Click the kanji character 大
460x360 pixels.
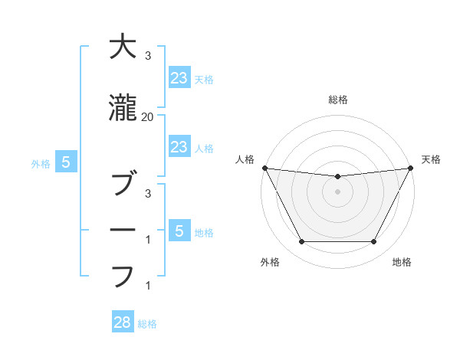pyautogui.click(x=123, y=47)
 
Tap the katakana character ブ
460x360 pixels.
pyautogui.click(x=123, y=185)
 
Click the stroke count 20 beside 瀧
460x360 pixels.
pyautogui.click(x=147, y=116)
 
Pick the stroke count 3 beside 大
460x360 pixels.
pyautogui.click(x=147, y=56)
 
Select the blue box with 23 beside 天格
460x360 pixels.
pyautogui.click(x=179, y=77)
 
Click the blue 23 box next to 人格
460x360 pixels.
pyautogui.click(x=179, y=147)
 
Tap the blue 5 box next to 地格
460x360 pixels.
pyautogui.click(x=179, y=231)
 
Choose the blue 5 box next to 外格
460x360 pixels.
pyautogui.click(x=66, y=162)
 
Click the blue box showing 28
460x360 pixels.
pyautogui.click(x=123, y=322)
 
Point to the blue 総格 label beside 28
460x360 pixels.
pyautogui.click(x=147, y=324)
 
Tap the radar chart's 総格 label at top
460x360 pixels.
pyautogui.click(x=338, y=100)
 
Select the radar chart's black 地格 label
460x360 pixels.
pyautogui.click(x=402, y=262)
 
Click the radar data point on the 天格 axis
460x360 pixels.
pyautogui.click(x=411, y=168)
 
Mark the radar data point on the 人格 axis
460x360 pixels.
pyautogui.click(x=264, y=168)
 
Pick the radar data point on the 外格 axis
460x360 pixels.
pyautogui.click(x=301, y=242)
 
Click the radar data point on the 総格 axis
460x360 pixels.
pyautogui.click(x=338, y=177)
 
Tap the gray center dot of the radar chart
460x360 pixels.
pyautogui.click(x=338, y=191)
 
